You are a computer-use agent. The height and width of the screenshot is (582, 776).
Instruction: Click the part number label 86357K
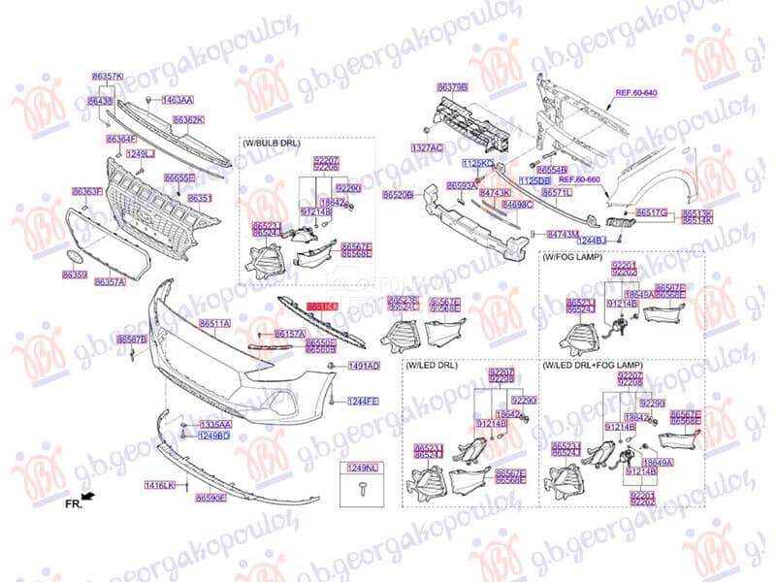click(107, 75)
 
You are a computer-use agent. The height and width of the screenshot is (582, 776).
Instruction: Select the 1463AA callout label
click(178, 100)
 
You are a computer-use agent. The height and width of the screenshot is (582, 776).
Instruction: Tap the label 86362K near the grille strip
click(188, 120)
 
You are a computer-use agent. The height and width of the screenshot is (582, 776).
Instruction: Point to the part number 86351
click(200, 198)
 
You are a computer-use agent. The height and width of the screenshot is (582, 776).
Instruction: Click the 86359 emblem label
click(76, 275)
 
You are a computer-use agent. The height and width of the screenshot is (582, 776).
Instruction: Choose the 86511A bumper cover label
click(214, 323)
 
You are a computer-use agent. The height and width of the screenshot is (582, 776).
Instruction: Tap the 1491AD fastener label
click(364, 366)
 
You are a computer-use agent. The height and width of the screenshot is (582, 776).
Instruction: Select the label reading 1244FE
click(364, 401)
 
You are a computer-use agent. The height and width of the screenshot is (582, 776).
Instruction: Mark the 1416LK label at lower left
click(160, 484)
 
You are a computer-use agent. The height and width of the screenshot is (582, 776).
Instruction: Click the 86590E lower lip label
click(210, 498)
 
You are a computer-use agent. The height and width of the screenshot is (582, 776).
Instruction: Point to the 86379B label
click(452, 86)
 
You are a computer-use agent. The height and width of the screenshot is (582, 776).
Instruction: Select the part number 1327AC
click(427, 147)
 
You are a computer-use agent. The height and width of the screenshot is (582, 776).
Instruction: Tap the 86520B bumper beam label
click(398, 195)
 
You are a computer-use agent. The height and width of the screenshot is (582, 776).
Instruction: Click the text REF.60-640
click(636, 92)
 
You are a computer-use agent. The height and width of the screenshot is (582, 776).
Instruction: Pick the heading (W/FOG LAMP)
click(572, 257)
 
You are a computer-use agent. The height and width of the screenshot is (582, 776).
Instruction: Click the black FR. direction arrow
click(88, 496)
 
